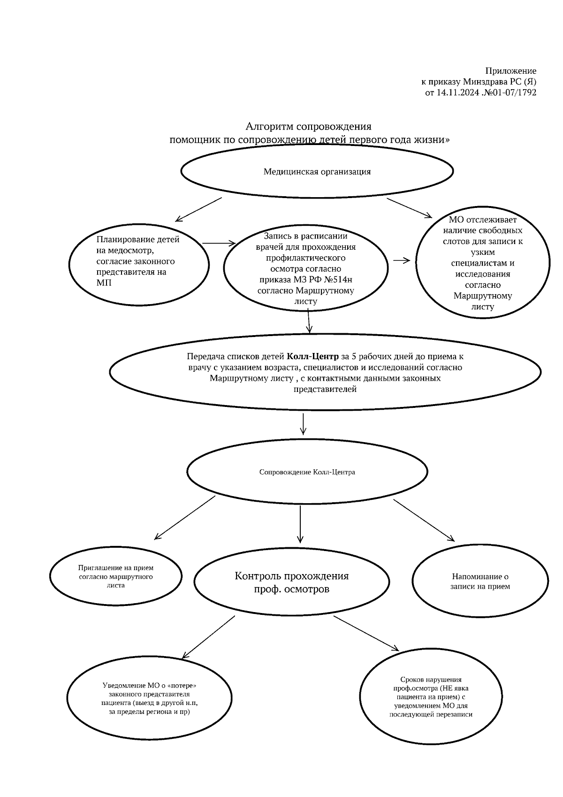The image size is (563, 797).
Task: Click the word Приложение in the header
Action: pyautogui.click(x=510, y=71)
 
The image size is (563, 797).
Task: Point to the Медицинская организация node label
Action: pyautogui.click(x=317, y=172)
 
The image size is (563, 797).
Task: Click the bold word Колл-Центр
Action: pyautogui.click(x=312, y=356)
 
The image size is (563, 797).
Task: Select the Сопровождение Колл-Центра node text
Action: pyautogui.click(x=307, y=472)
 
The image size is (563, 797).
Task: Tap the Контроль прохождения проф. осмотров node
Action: pyautogui.click(x=291, y=582)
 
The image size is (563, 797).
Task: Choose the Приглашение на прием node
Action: pyautogui.click(x=116, y=576)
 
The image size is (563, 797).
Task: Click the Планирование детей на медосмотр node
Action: pyautogui.click(x=138, y=261)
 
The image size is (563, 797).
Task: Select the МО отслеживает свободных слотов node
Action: pyautogui.click(x=482, y=263)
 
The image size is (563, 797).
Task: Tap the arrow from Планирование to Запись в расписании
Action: pyautogui.click(x=219, y=243)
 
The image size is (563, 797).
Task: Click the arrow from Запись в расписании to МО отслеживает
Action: pyautogui.click(x=401, y=261)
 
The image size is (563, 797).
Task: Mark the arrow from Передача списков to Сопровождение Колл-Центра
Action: pyautogui.click(x=303, y=424)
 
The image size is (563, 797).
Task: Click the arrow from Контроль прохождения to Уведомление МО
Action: pyautogui.click(x=208, y=637)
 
